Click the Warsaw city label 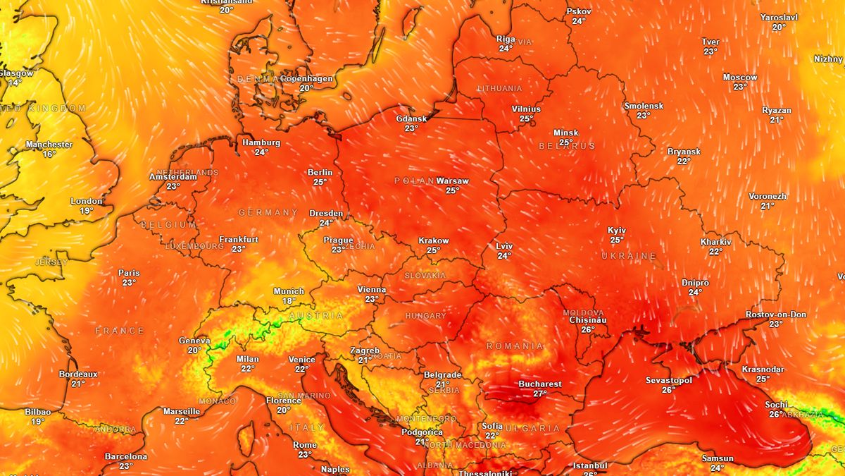click(x=452, y=181)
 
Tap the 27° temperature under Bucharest click(x=540, y=394)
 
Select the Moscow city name click(x=740, y=78)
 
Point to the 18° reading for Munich click(x=289, y=301)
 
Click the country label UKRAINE click(x=629, y=256)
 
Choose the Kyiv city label click(x=617, y=231)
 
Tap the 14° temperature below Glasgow click(x=15, y=83)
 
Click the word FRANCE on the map click(x=120, y=331)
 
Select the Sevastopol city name click(x=669, y=381)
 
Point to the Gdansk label click(x=411, y=118)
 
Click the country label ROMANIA click(x=515, y=346)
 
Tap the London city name click(x=87, y=202)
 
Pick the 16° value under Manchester click(x=49, y=154)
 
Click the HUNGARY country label click(x=425, y=316)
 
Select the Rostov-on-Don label click(x=776, y=315)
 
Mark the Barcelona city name click(x=126, y=457)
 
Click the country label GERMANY click(x=268, y=212)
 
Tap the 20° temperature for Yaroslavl click(x=779, y=28)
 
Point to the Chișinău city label click(x=587, y=320)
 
